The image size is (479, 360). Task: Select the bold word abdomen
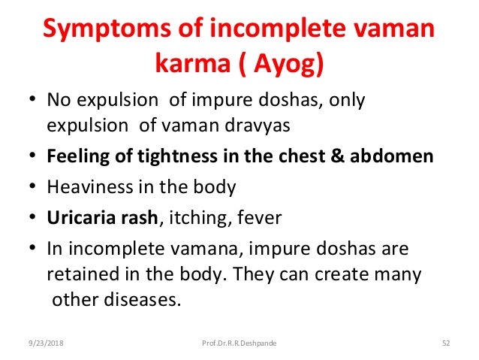pyautogui.click(x=395, y=156)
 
